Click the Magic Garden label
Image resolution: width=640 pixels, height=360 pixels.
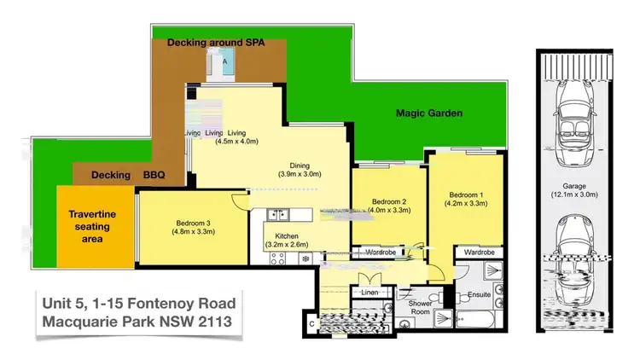coord(429,113)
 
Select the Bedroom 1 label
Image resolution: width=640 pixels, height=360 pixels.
coord(466,199)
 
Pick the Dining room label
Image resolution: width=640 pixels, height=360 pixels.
coord(299,170)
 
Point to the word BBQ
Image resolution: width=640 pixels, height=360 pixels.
coord(154,176)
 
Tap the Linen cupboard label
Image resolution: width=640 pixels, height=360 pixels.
coord(369,293)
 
